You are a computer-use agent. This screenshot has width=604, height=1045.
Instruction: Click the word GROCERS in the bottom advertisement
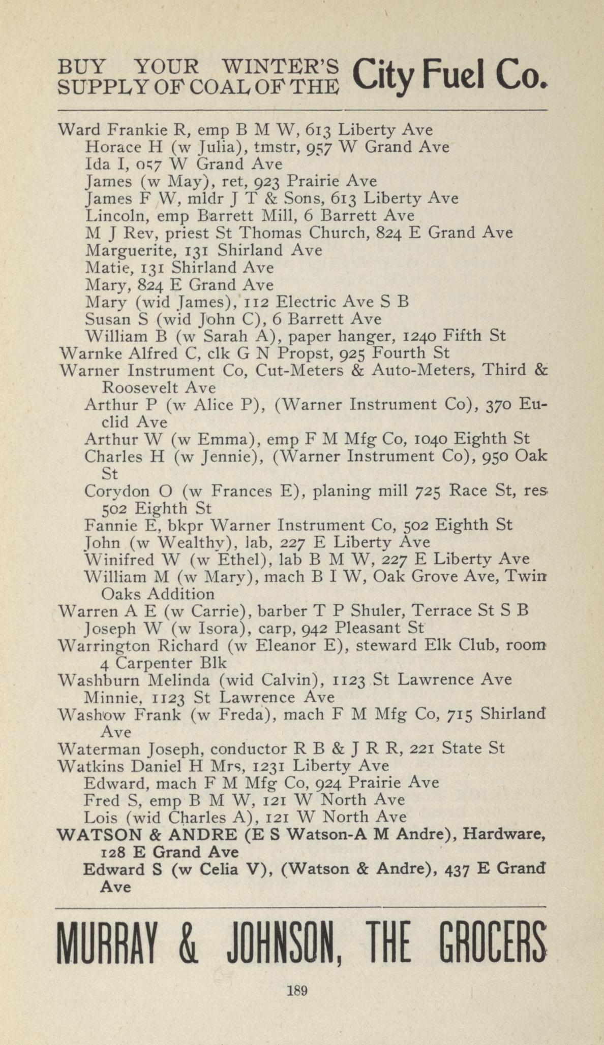(492, 942)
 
